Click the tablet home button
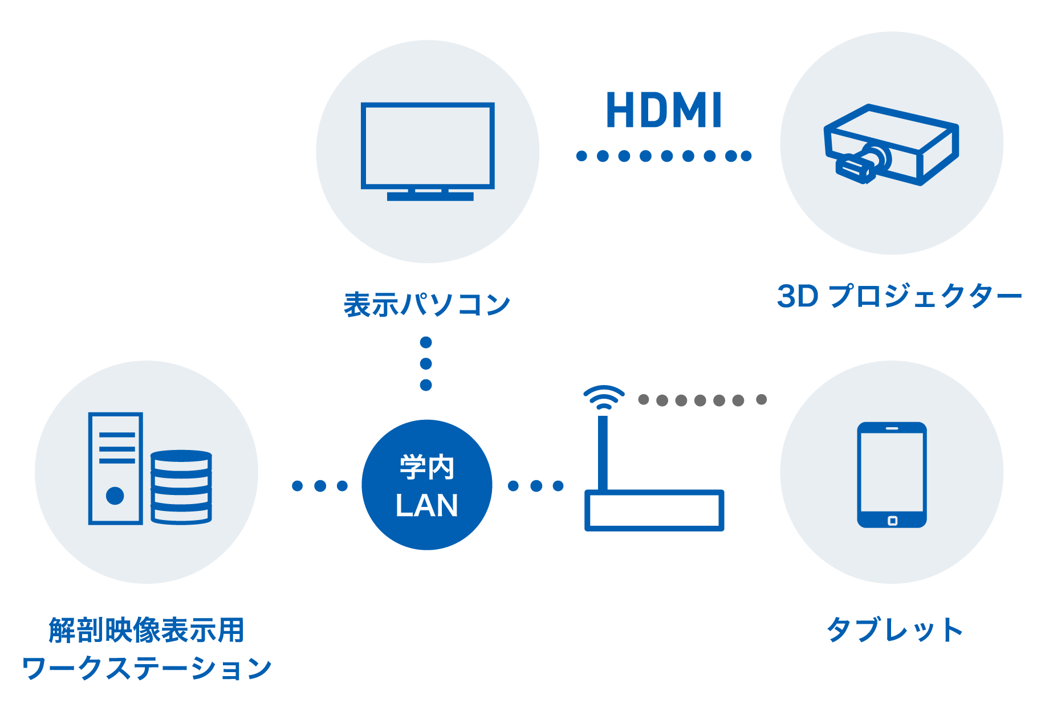tap(892, 521)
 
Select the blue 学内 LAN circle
tap(427, 485)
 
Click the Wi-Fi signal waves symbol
tap(603, 396)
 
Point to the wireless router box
tap(654, 510)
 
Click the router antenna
tap(603, 453)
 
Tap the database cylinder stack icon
tap(181, 487)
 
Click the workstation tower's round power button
tap(115, 496)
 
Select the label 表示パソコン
tap(426, 305)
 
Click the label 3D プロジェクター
tap(899, 296)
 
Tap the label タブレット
tap(894, 630)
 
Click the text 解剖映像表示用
tap(147, 631)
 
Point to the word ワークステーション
tap(147, 668)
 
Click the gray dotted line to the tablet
tap(702, 400)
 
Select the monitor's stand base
tap(430, 197)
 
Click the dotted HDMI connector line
tap(664, 156)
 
